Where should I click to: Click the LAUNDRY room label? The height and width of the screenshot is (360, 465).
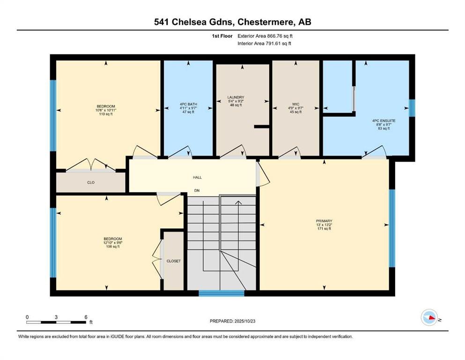coord(236,97)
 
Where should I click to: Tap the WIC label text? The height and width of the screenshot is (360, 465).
coord(295,104)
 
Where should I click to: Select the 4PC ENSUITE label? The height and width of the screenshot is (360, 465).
coord(384,121)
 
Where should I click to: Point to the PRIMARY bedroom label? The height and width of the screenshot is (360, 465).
coord(324,221)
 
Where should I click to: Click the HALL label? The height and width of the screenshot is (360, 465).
coord(197,178)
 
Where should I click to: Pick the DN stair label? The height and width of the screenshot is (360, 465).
coord(197,190)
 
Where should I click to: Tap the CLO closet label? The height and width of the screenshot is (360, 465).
coord(91,182)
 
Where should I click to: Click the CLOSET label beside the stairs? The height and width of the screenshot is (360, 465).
coord(173,261)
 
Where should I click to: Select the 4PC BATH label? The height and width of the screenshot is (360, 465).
coord(188,104)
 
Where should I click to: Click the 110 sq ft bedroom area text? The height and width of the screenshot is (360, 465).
coord(106,114)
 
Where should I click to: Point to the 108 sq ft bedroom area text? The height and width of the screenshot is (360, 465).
coord(113,247)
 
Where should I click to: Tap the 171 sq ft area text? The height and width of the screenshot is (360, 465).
coord(324,229)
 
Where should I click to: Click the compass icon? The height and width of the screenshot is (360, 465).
coord(429,317)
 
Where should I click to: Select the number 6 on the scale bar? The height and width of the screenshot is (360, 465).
coord(86,317)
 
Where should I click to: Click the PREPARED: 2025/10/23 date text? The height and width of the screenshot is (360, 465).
coord(232,321)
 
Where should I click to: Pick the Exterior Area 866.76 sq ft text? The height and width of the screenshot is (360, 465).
coord(265,36)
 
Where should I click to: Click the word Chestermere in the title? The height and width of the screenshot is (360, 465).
coord(266,22)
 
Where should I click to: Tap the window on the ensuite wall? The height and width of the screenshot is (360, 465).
coord(412,108)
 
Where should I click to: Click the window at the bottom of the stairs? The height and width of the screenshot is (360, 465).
coord(221,293)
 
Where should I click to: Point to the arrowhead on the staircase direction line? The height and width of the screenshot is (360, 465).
coord(238,202)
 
